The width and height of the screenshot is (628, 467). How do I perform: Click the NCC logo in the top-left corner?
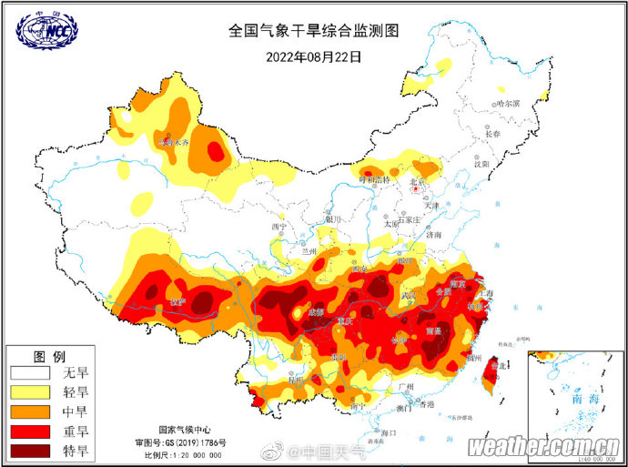47,30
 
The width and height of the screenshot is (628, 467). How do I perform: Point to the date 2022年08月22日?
313,56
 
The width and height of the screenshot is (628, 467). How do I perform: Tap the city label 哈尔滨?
506,105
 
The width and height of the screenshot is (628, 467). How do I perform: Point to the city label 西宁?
279,227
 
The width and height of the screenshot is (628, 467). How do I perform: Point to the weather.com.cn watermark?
544,448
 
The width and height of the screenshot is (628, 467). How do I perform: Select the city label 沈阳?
481,164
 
